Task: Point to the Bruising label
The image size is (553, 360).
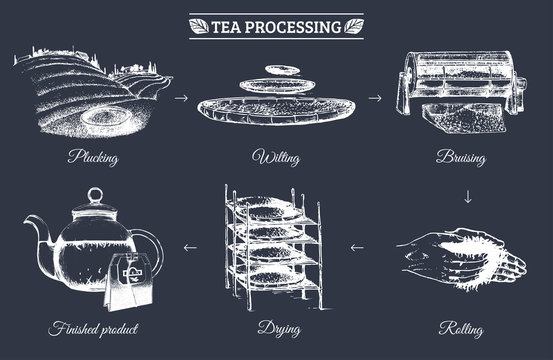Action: click(463, 157)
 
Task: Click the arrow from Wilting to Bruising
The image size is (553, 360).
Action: click(375, 99)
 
